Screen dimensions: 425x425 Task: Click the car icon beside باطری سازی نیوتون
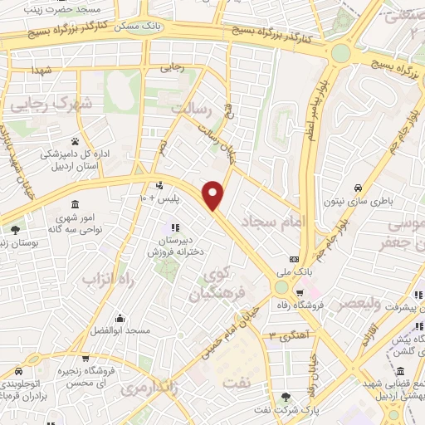[357, 188]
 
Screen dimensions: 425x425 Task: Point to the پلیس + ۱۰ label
[154, 198]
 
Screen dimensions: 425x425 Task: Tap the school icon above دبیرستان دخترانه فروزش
[174, 227]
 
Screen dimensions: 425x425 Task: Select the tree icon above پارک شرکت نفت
[286, 397]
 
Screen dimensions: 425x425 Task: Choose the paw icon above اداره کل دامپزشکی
[76, 141]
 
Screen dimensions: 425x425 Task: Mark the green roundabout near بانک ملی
[281, 287]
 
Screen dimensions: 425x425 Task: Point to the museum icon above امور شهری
[76, 204]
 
